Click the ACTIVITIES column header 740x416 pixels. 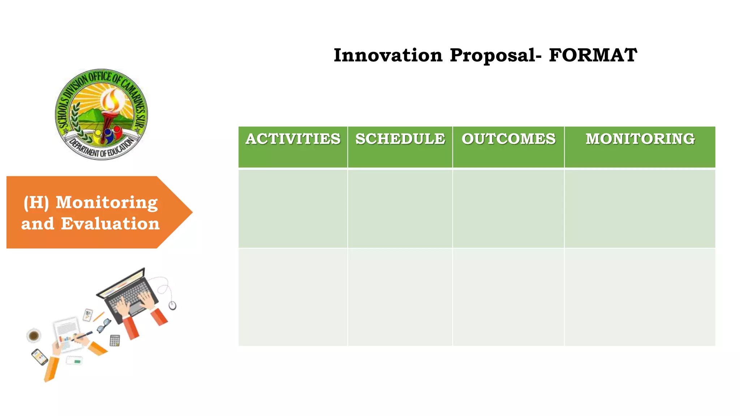(293, 139)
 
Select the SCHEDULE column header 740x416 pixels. (400, 139)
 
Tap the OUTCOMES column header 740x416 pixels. (508, 139)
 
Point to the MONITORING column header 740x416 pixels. (640, 139)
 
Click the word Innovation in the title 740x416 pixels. (388, 56)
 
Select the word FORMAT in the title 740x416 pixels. (593, 56)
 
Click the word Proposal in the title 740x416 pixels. (493, 56)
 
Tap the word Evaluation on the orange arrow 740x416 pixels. (110, 224)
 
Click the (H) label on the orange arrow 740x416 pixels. (36, 203)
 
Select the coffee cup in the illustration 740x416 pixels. (34, 336)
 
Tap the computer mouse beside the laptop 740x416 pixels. (173, 305)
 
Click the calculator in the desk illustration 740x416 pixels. (115, 341)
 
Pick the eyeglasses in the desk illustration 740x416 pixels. (103, 325)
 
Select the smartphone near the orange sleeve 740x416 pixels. (39, 357)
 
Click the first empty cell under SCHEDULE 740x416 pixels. (400, 209)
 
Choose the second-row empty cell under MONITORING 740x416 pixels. (640, 297)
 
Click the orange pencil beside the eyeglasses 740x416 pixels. (98, 317)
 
